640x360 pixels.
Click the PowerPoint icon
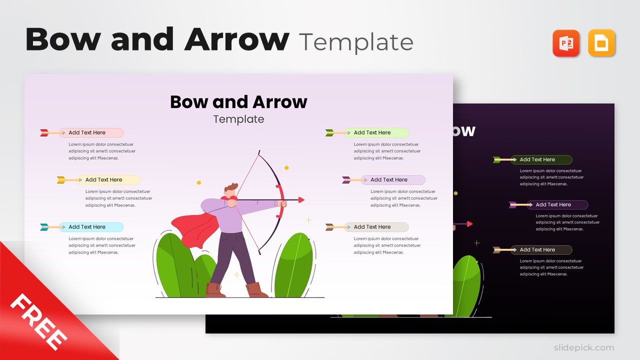[x=566, y=43]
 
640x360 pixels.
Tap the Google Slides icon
[x=601, y=43]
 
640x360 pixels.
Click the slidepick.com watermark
[x=583, y=347]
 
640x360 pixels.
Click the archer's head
[x=230, y=191]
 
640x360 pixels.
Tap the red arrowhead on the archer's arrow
[x=301, y=200]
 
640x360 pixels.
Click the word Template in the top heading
[x=356, y=42]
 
